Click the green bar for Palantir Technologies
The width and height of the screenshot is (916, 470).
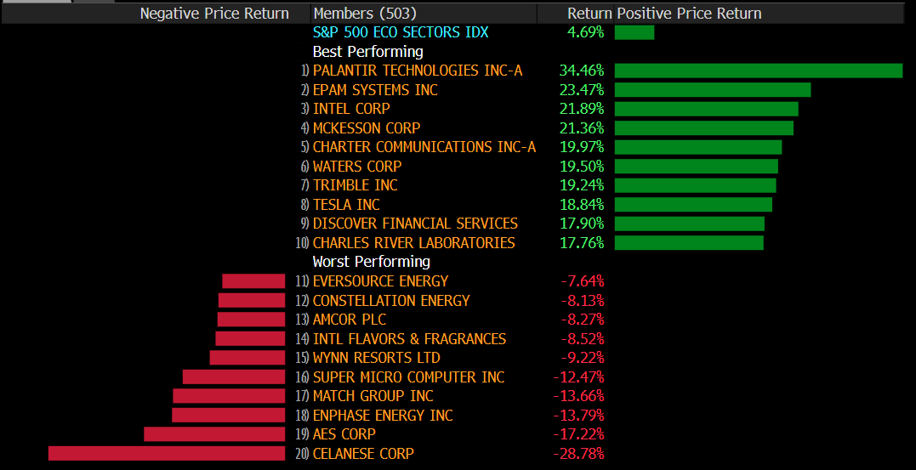point(758,71)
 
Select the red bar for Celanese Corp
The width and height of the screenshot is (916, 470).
point(167,453)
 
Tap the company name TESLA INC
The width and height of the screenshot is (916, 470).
point(346,205)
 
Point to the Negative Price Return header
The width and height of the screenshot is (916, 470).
point(214,14)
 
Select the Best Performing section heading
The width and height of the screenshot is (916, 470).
point(367,52)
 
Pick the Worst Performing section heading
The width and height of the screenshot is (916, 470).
point(371,262)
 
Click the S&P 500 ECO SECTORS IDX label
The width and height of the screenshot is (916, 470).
point(400,32)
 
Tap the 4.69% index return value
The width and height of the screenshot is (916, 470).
point(585,32)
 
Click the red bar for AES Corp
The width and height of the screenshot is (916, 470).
point(214,434)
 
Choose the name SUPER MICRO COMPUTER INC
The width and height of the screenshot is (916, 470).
point(408,377)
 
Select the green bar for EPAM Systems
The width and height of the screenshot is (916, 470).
point(712,90)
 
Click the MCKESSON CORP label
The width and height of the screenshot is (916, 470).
point(367,128)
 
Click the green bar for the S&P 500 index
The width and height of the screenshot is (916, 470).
point(634,32)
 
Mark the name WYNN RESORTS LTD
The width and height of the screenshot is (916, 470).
point(376,358)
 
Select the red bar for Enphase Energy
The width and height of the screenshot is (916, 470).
point(228,415)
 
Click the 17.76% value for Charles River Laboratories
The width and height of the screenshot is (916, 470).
point(581,243)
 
